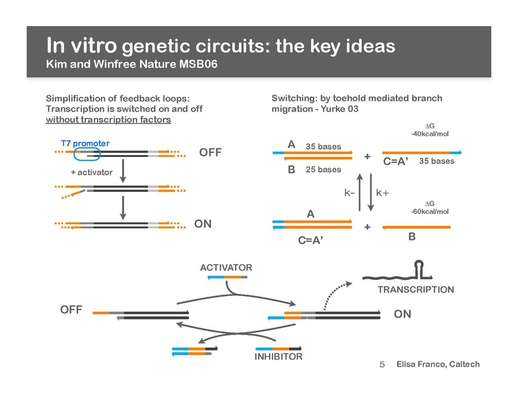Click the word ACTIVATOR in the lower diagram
(226, 268)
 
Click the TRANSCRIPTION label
(415, 289)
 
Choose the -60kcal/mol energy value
(430, 211)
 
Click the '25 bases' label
(323, 170)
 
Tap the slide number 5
(382, 365)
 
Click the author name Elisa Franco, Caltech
(437, 365)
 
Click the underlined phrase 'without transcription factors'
(108, 120)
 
